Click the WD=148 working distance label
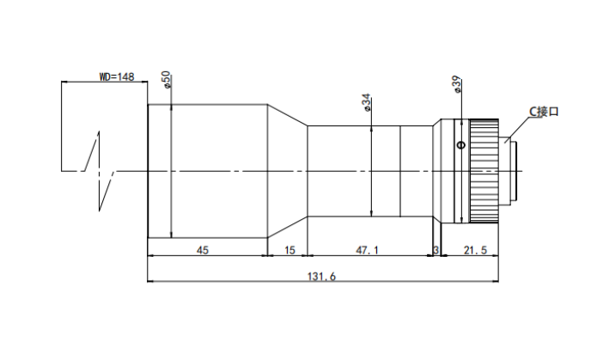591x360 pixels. click(117, 77)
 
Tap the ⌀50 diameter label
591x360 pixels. click(167, 80)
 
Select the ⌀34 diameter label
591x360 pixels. click(366, 102)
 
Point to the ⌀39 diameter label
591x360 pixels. click(456, 84)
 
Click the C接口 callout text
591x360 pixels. click(544, 112)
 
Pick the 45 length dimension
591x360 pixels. click(203, 250)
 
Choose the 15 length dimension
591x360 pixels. click(289, 250)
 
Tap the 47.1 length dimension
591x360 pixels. click(367, 250)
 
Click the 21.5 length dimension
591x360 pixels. click(475, 250)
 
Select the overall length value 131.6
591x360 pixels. click(321, 277)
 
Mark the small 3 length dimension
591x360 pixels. click(436, 250)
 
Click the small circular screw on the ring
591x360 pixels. click(461, 144)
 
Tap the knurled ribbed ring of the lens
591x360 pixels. click(484, 171)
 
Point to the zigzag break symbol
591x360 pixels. click(99, 171)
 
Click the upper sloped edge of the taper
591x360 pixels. click(288, 115)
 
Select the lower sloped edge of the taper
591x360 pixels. click(288, 227)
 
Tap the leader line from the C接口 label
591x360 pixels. click(517, 130)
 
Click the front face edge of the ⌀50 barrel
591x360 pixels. click(148, 171)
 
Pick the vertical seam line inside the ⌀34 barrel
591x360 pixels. click(400, 171)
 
